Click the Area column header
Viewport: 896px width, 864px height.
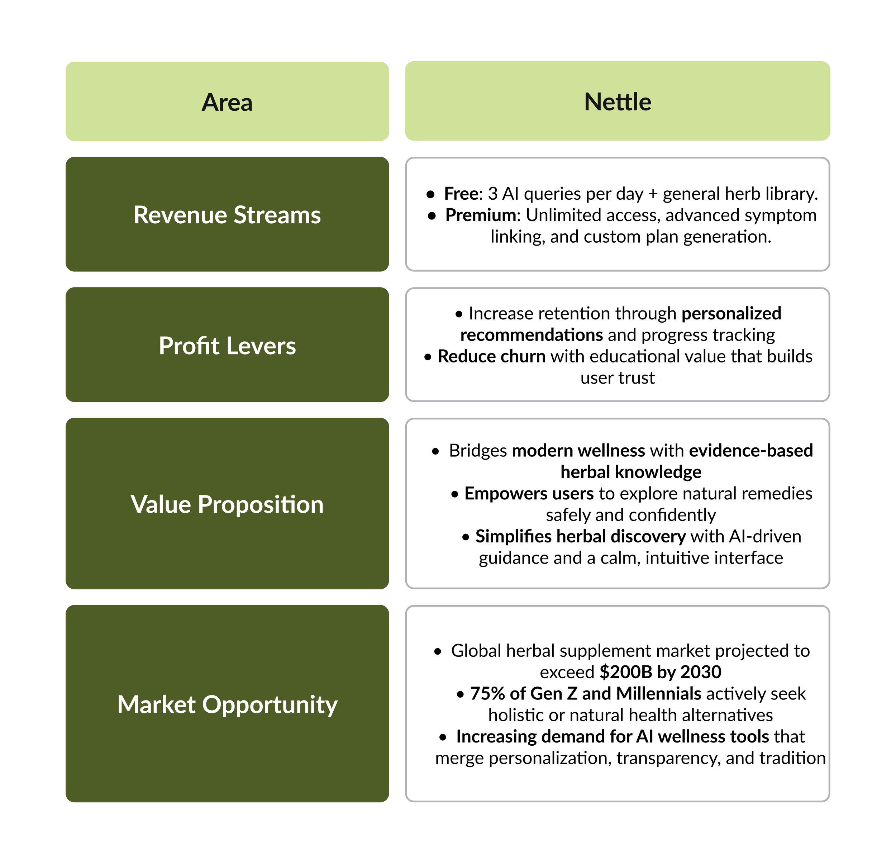point(227,101)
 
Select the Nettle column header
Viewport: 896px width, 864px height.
point(617,101)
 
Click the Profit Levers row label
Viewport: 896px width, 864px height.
point(227,345)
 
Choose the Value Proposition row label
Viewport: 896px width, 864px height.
point(227,504)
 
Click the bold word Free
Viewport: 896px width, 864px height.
point(461,194)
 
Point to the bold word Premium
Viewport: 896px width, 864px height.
point(481,215)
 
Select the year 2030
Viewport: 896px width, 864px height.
point(700,672)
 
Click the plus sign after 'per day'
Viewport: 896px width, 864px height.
point(652,194)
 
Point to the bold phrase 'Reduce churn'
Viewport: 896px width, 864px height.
point(491,356)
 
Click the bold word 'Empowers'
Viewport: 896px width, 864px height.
point(506,494)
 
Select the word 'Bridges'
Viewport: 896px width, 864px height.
point(478,451)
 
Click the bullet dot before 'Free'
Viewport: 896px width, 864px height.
point(430,194)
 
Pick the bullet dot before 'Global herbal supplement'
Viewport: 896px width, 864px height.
point(438,651)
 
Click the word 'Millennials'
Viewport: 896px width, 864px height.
point(658,693)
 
